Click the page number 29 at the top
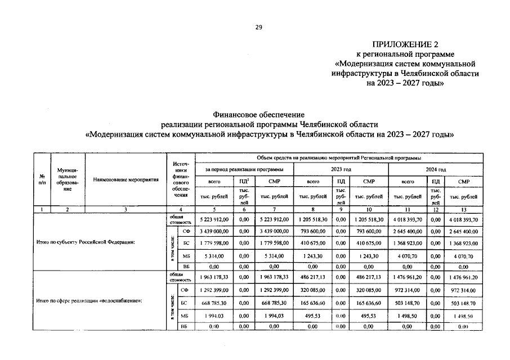pyautogui.click(x=259, y=26)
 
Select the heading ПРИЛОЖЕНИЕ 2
pyautogui.click(x=404, y=44)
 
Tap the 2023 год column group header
pyautogui.click(x=341, y=169)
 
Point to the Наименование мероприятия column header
pyautogui.click(x=126, y=180)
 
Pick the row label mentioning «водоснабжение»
pyautogui.click(x=88, y=301)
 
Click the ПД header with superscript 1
pyautogui.click(x=244, y=182)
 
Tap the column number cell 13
pyautogui.click(x=463, y=209)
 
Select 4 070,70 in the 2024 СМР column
pyautogui.click(x=464, y=255)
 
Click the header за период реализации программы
pyautogui.click(x=244, y=169)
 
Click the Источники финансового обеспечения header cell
pyautogui.click(x=180, y=180)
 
